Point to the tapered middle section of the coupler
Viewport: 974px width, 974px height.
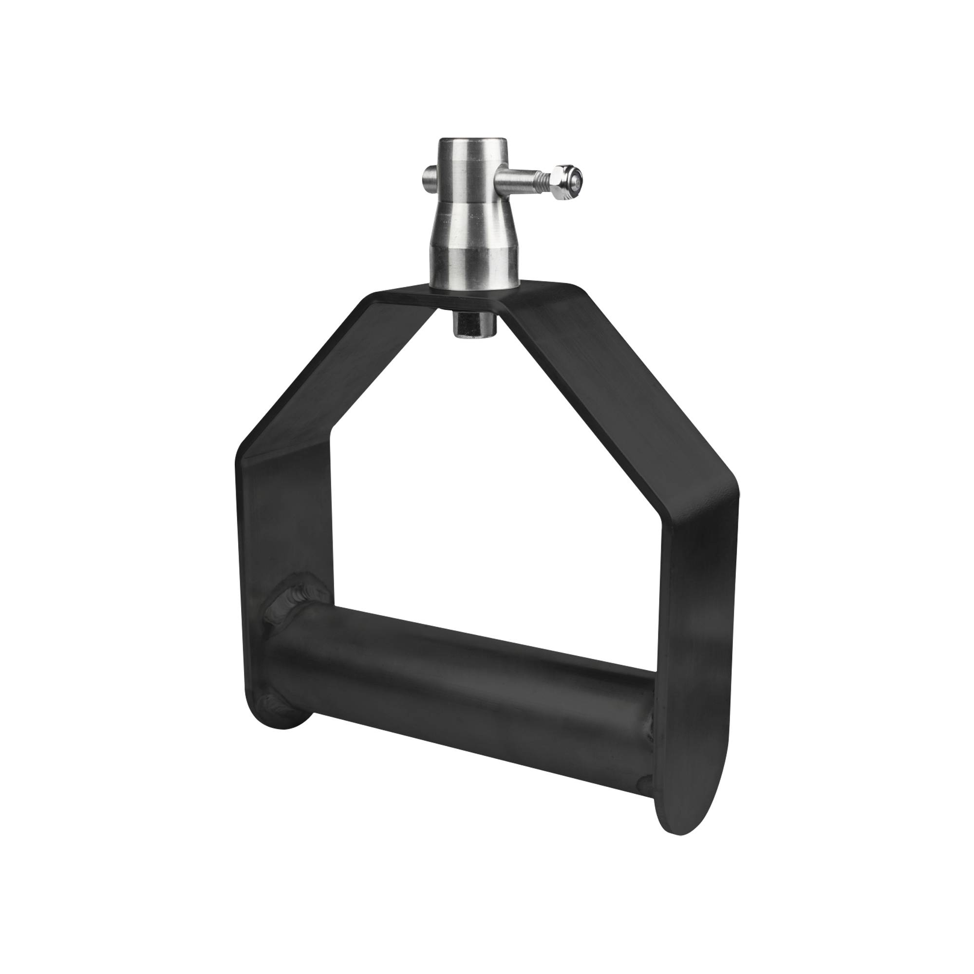point(472,227)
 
